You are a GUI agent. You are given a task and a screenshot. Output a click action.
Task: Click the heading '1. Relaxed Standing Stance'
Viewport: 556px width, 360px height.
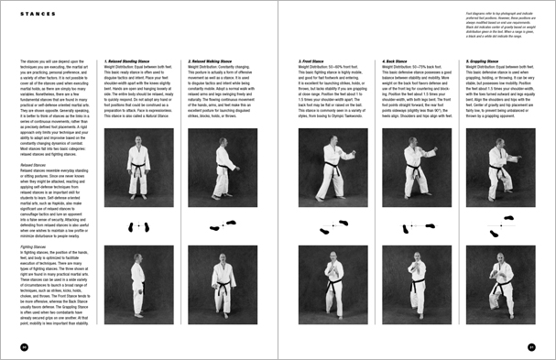(126, 62)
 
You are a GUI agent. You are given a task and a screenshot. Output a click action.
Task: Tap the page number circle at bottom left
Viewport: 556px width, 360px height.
(24, 346)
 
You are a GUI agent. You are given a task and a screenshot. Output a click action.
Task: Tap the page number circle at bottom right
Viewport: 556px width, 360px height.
(531, 346)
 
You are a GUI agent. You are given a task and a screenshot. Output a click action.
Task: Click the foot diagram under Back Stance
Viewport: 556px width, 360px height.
(417, 224)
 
